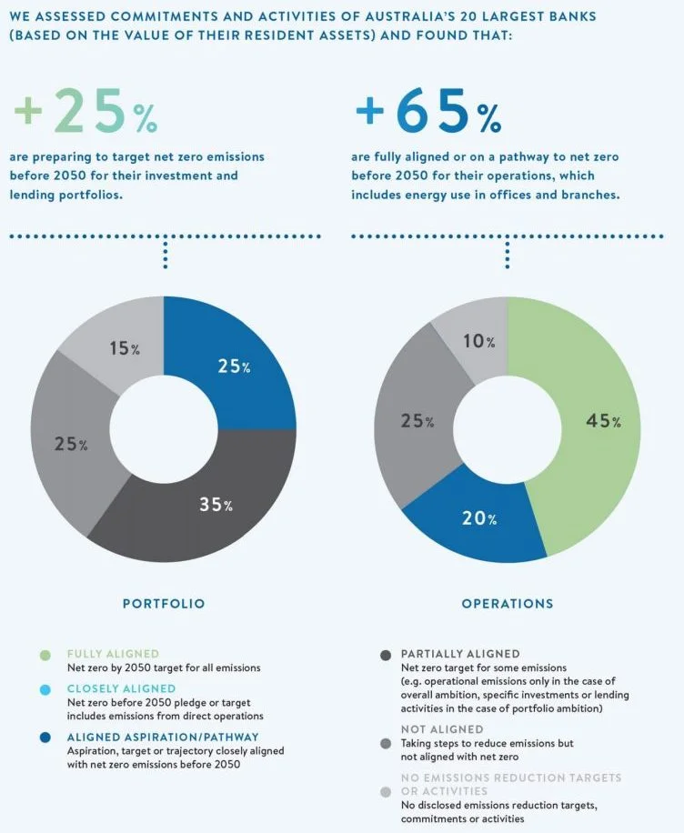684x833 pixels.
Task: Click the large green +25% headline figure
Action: click(85, 110)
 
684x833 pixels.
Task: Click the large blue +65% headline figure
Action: click(427, 110)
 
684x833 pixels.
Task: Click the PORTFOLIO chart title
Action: click(164, 603)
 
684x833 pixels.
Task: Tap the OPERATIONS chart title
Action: click(507, 603)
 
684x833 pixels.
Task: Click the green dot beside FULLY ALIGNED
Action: click(45, 654)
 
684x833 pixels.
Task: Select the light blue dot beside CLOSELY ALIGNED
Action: click(45, 689)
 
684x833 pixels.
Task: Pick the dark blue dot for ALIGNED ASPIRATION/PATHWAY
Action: click(45, 737)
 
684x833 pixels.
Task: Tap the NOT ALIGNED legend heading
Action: click(443, 729)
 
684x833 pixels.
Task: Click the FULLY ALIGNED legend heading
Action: click(113, 654)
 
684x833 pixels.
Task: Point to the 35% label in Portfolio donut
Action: click(216, 504)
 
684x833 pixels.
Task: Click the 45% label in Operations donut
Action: click(602, 421)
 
